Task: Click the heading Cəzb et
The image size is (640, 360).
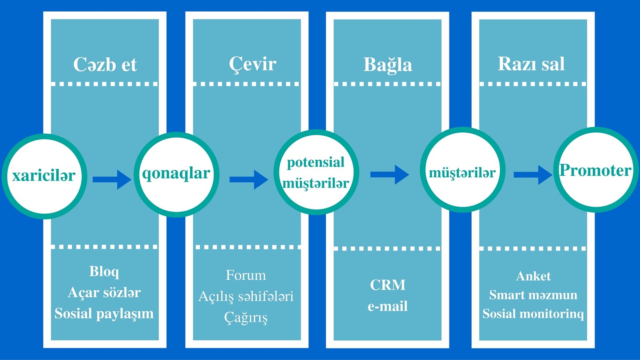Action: [105, 64]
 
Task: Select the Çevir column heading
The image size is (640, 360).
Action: [252, 64]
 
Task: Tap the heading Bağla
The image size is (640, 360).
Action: [388, 65]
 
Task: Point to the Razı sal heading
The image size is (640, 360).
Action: [531, 64]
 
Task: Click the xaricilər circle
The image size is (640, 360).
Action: [44, 176]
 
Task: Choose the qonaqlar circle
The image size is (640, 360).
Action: [176, 174]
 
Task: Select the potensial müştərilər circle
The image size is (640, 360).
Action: [316, 172]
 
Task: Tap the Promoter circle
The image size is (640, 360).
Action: [596, 170]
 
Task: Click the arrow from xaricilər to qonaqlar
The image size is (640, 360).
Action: [112, 179]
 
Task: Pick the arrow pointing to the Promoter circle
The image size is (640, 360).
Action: [532, 175]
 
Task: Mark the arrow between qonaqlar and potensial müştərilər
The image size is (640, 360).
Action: [248, 179]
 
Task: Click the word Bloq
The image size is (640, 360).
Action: [104, 272]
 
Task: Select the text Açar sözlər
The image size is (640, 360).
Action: [104, 292]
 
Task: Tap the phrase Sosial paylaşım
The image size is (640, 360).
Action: [104, 314]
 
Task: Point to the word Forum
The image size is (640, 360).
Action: [246, 275]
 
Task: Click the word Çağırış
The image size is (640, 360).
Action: [246, 318]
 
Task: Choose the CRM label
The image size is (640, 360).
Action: [388, 285]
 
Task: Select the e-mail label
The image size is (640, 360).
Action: [388, 306]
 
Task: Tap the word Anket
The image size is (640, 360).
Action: [533, 276]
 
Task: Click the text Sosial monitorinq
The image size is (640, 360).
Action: [533, 314]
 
